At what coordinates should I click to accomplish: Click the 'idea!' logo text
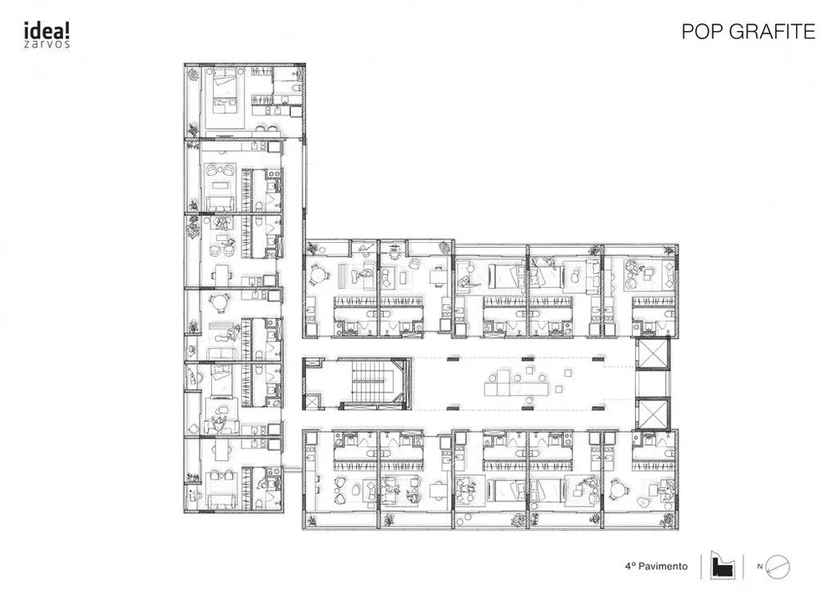tap(42, 29)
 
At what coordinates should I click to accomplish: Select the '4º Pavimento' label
tap(662, 567)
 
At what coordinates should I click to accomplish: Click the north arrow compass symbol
tap(779, 567)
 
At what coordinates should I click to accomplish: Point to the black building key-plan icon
tap(722, 565)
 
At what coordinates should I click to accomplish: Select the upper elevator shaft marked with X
tap(653, 355)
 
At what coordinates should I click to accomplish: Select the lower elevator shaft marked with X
tap(653, 414)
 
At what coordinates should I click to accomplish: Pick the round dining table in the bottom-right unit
tap(621, 489)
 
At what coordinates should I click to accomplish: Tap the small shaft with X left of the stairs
tap(313, 402)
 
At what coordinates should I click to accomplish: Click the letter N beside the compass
tap(760, 567)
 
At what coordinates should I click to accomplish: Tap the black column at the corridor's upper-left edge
tap(453, 359)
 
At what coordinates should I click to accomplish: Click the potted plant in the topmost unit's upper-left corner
tap(194, 75)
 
